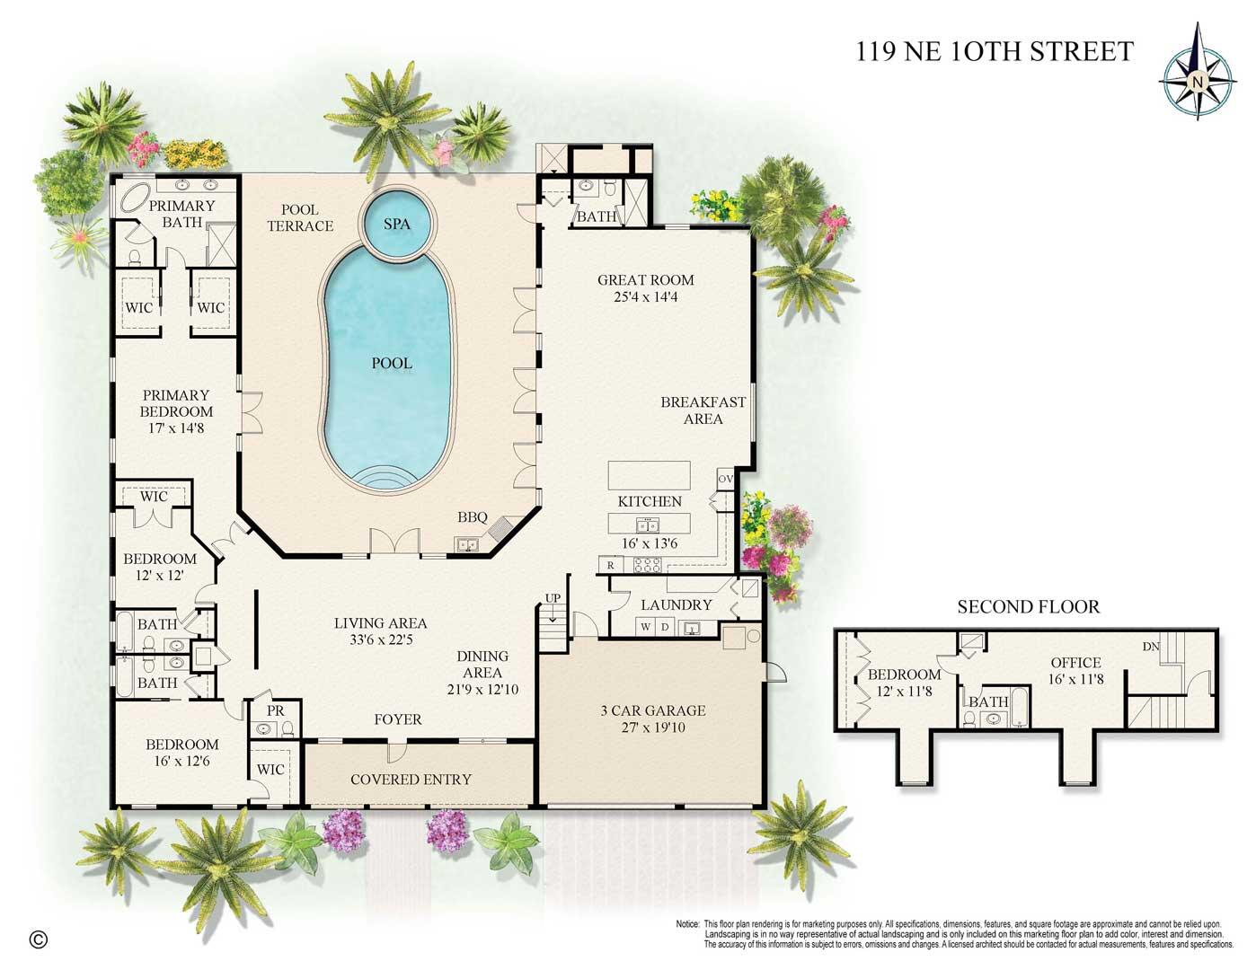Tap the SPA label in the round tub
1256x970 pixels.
point(397,224)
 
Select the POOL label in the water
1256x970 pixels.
point(392,364)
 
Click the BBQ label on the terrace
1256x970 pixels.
point(472,517)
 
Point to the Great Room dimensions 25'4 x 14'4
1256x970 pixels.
point(646,296)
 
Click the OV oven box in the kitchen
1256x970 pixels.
point(726,479)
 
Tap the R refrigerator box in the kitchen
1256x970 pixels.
point(611,565)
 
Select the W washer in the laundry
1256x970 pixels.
point(646,626)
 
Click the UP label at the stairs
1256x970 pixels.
point(553,598)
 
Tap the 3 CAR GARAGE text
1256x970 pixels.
point(652,710)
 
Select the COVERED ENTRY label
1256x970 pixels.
point(411,779)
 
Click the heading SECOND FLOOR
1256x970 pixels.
point(1028,607)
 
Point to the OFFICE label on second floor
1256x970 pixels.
point(1075,663)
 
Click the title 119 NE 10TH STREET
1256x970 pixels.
point(995,52)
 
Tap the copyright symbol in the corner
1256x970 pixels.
point(38,939)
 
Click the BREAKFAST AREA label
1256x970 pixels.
point(703,410)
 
